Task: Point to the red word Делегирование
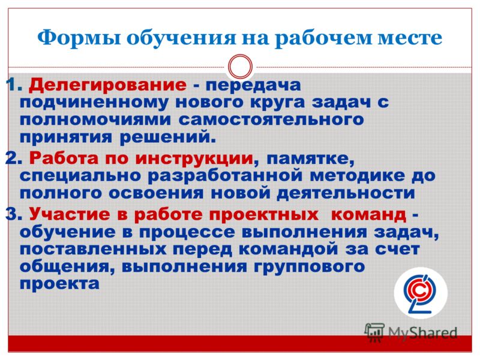(x=107, y=85)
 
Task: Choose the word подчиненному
(x=94, y=103)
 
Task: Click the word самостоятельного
(x=271, y=119)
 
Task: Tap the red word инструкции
(x=194, y=159)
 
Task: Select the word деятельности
(x=346, y=193)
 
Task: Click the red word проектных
(x=263, y=215)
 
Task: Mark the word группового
(x=309, y=267)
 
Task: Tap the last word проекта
(x=59, y=284)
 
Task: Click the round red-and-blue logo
(x=421, y=293)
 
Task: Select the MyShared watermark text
(x=422, y=332)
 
